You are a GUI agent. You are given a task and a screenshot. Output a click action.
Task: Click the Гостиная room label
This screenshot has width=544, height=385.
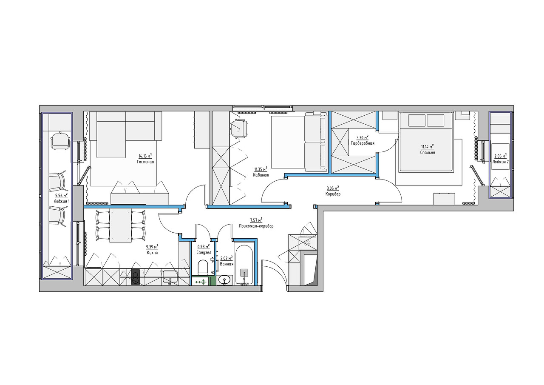click(145, 162)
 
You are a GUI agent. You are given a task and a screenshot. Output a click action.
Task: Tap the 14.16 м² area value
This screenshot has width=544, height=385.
click(145, 156)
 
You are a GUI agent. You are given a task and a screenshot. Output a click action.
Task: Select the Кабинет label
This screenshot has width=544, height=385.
click(261, 175)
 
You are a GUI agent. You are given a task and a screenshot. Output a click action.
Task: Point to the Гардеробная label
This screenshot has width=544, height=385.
click(363, 143)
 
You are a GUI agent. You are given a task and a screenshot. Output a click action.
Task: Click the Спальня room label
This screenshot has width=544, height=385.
click(428, 152)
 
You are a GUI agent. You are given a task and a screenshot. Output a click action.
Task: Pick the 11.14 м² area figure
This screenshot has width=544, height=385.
click(428, 147)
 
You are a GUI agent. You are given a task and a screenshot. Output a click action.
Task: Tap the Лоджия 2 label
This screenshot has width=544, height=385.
click(500, 161)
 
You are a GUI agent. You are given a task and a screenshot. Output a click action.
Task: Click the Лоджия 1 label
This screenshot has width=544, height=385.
click(62, 201)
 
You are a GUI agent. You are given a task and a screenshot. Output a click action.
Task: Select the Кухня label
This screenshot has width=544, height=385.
click(152, 253)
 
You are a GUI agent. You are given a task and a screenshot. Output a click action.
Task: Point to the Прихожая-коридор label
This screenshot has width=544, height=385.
click(256, 226)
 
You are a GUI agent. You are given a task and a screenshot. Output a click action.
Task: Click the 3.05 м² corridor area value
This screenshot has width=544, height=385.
click(333, 188)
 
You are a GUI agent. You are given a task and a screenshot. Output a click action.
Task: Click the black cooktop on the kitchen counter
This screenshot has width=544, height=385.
click(136, 277)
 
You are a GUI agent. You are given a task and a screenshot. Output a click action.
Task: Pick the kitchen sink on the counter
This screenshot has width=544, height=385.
click(170, 277)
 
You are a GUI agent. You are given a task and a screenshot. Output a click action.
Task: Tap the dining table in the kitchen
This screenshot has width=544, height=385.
click(120, 225)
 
